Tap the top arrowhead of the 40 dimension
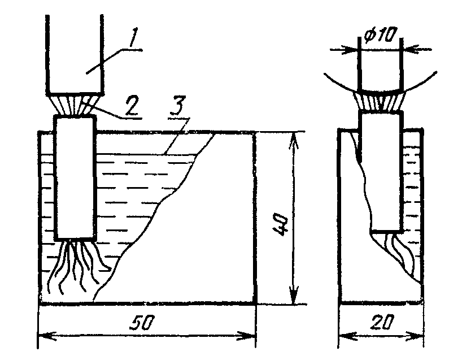(293, 139)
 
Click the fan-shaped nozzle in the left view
(75, 105)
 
